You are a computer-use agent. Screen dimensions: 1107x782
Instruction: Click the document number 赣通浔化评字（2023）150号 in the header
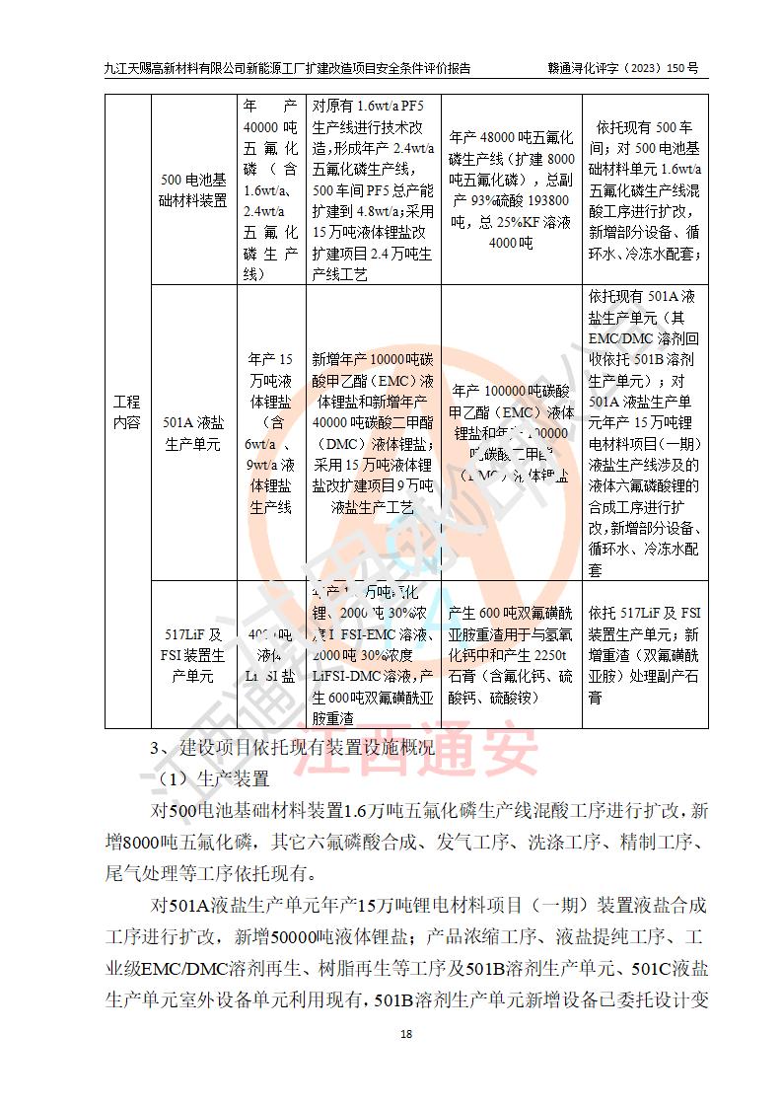623,69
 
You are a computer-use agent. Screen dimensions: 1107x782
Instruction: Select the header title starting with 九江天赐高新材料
286,69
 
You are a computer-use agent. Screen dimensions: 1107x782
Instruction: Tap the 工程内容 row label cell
126,411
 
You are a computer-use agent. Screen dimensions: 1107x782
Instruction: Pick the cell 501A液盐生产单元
192,434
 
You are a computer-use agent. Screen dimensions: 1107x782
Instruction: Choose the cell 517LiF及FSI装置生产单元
192,654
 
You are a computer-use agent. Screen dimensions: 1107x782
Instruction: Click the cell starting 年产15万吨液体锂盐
271,434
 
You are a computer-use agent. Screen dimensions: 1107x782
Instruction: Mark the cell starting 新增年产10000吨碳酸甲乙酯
373,434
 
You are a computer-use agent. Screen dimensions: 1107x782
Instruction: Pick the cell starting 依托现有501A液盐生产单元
644,434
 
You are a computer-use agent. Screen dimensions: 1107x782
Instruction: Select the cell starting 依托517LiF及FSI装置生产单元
644,654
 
